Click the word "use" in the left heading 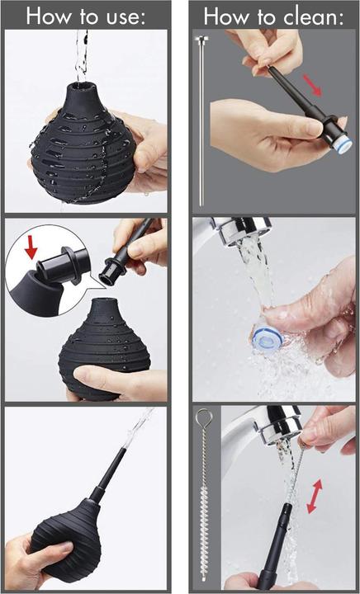[x=126, y=17]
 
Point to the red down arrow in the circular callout [x=31, y=247]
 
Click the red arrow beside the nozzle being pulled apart [x=312, y=85]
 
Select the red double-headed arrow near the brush [x=314, y=497]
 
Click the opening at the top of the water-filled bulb [x=83, y=89]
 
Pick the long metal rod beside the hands [x=201, y=120]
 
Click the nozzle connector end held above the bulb [x=112, y=272]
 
